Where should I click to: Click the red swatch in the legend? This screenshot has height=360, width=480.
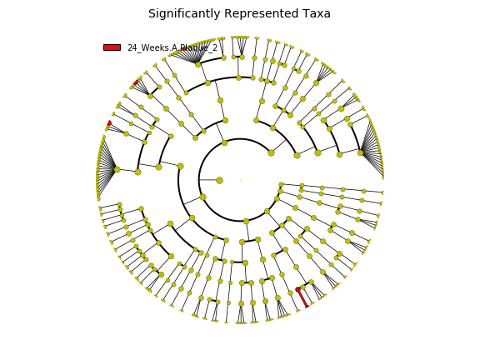click(x=112, y=47)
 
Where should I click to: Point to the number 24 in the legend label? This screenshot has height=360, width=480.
click(x=132, y=47)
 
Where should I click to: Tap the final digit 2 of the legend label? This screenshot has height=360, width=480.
click(x=215, y=47)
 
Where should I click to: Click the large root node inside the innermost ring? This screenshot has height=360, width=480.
click(x=219, y=180)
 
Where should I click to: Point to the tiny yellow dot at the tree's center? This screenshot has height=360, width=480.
click(x=240, y=180)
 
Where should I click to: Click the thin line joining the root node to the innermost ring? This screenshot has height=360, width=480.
click(x=208, y=180)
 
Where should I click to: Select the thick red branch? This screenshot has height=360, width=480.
click(x=302, y=297)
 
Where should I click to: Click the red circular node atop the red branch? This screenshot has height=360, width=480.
click(x=297, y=290)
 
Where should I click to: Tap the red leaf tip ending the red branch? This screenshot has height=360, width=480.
click(x=307, y=306)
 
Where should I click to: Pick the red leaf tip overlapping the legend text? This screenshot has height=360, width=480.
click(x=184, y=48)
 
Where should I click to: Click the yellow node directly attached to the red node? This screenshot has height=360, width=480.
click(x=303, y=287)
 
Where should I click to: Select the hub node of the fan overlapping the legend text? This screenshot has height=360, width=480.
click(x=197, y=65)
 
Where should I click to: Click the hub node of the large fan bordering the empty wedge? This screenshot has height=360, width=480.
click(x=361, y=152)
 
